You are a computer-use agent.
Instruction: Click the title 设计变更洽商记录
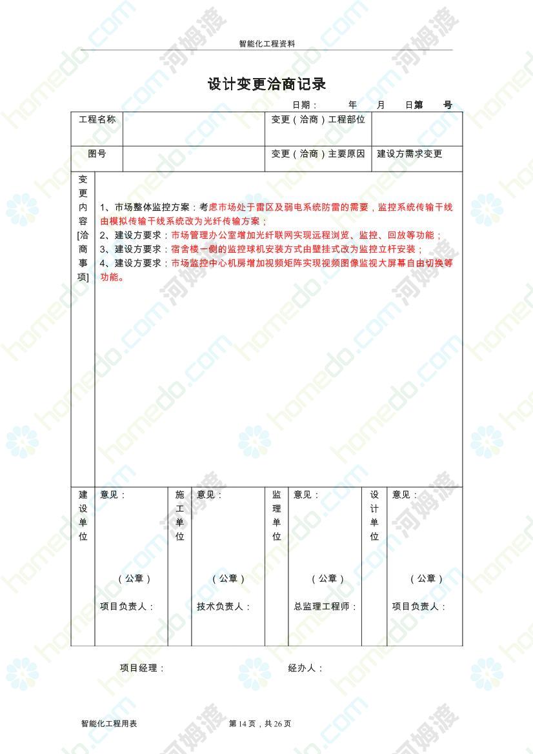(266, 84)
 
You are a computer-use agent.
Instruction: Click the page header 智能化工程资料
(266, 45)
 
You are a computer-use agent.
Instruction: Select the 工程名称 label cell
(97, 119)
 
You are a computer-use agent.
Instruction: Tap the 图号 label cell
(97, 154)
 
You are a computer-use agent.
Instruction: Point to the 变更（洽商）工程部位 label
(318, 119)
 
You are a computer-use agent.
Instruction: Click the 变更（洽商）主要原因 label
(318, 154)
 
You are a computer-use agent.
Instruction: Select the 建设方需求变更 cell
(410, 154)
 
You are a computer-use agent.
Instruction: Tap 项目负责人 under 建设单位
(127, 607)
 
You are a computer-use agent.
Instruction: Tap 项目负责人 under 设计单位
(419, 607)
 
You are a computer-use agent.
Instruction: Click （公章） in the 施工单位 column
(228, 579)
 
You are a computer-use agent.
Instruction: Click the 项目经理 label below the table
(142, 668)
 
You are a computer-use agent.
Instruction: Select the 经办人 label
(305, 668)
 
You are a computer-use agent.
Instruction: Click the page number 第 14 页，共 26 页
(260, 724)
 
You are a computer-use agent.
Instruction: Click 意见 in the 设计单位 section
(405, 495)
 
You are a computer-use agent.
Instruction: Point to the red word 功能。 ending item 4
(112, 278)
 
